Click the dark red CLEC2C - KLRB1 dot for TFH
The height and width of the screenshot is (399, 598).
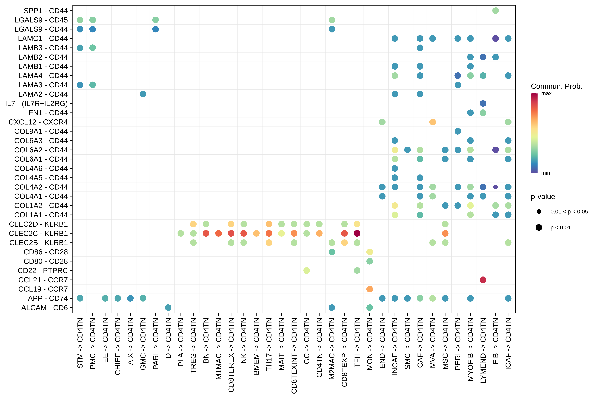(x=357, y=233)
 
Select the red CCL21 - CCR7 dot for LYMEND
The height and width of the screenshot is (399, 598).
(x=483, y=280)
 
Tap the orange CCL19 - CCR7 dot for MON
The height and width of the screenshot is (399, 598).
(x=370, y=289)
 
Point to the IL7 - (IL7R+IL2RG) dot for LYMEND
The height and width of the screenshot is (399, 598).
(x=483, y=103)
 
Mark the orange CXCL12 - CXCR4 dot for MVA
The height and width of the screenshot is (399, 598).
(x=432, y=122)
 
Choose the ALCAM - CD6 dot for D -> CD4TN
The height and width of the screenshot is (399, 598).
(x=168, y=308)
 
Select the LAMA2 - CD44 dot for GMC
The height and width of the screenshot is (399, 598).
(x=143, y=94)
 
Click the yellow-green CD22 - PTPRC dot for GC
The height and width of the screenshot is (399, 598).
(x=307, y=271)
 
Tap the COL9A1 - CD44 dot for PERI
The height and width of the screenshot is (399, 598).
(x=458, y=131)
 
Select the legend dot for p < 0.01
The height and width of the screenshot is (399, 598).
(x=539, y=227)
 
